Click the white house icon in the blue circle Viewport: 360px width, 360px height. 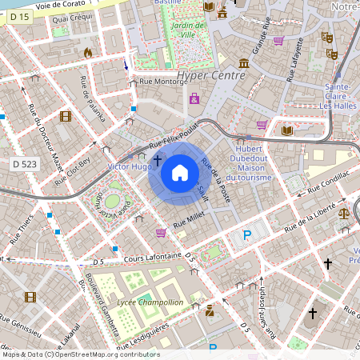179,173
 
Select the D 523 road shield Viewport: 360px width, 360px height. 25,163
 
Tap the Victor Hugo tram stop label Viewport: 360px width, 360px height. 129,166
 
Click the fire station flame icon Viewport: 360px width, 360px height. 88,52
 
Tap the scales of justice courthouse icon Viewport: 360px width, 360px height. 345,214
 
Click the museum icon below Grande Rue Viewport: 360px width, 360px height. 243,63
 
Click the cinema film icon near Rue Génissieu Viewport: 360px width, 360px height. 30,298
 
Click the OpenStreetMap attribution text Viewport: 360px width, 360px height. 80,354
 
